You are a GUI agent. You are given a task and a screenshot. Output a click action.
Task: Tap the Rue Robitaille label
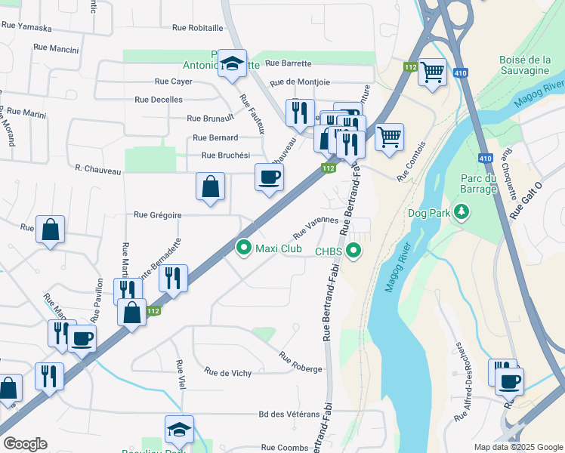[x=198, y=27]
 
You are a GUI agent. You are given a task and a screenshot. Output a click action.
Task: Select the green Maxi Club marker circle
[x=243, y=247]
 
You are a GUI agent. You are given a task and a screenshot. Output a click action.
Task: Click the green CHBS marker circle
[x=353, y=251]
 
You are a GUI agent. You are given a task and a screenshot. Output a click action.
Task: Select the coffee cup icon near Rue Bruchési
[x=270, y=177]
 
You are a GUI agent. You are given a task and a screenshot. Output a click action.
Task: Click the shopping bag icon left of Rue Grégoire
[x=50, y=230]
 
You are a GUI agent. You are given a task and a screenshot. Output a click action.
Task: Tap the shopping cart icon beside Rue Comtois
[x=389, y=137]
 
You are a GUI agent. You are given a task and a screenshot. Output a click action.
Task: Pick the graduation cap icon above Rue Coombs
[x=179, y=429]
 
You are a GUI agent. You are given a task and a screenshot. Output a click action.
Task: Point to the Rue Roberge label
[x=301, y=362]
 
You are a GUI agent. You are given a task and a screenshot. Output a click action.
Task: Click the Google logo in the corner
[x=25, y=444]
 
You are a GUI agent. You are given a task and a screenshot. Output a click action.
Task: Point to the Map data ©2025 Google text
[x=517, y=447]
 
